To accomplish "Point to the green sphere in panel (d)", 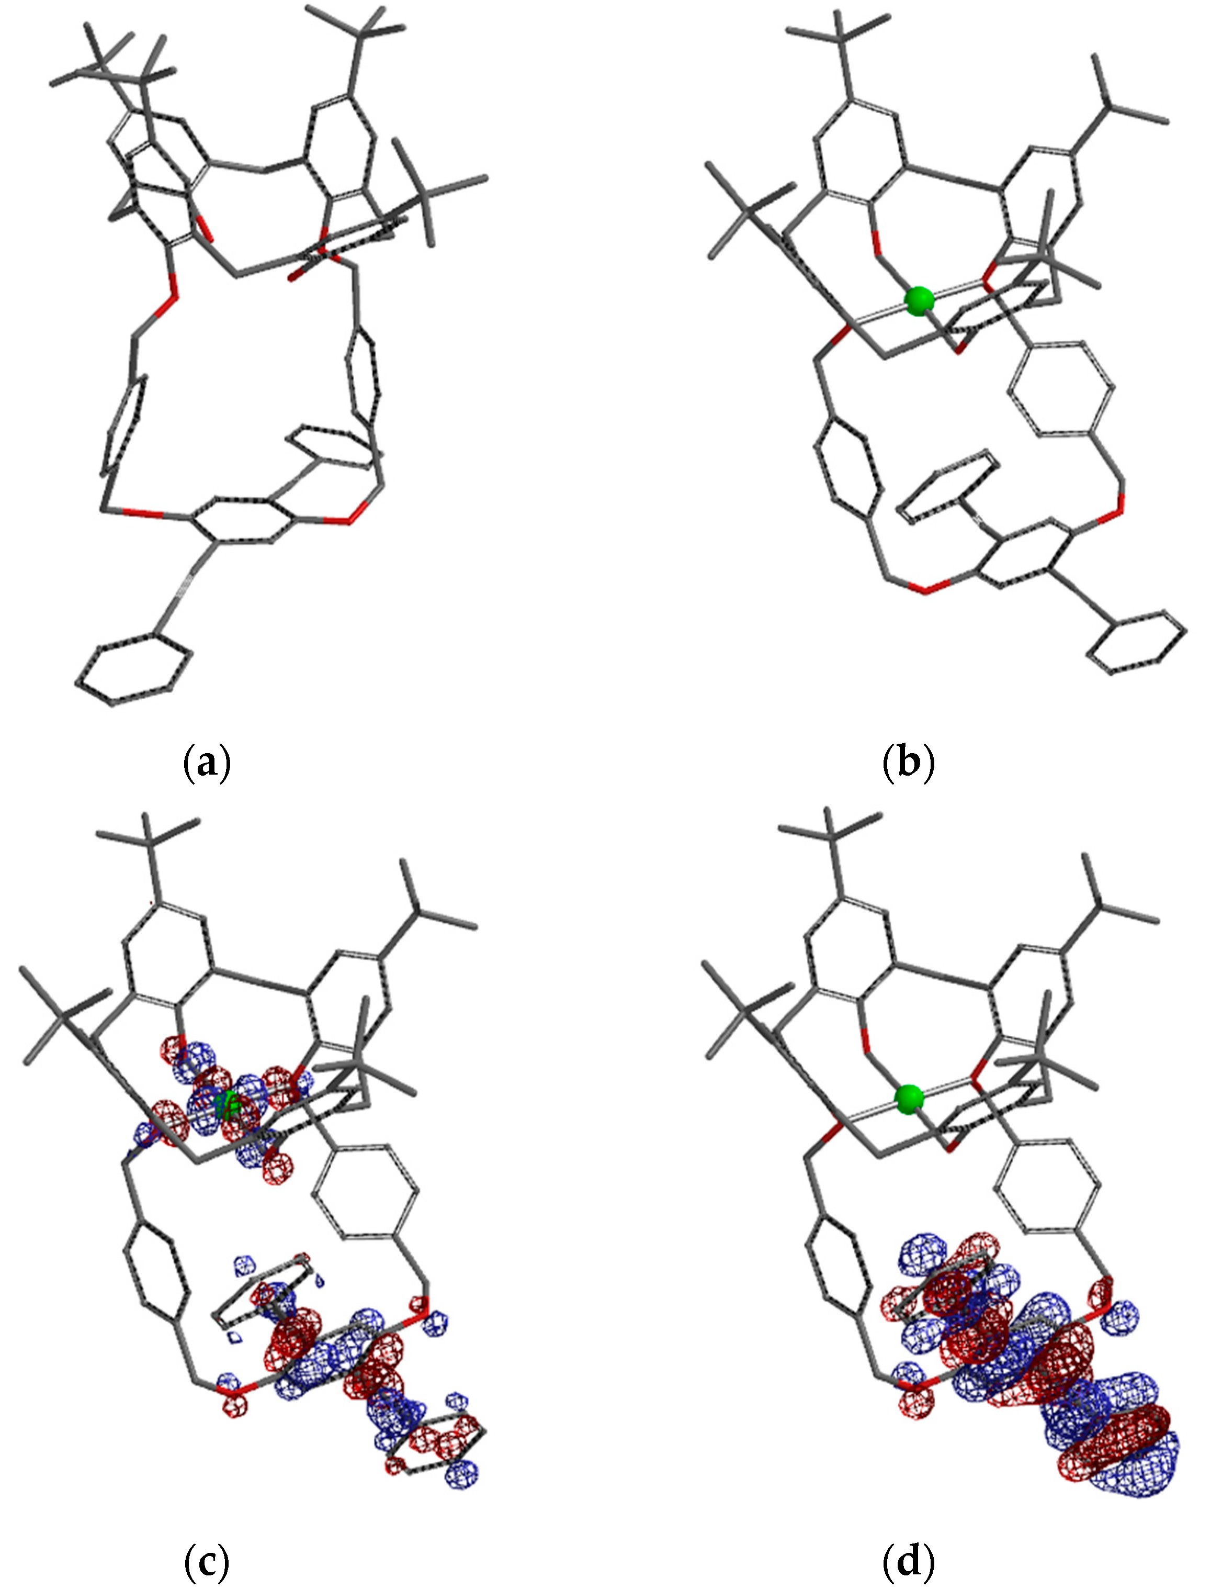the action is (909, 1099).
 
